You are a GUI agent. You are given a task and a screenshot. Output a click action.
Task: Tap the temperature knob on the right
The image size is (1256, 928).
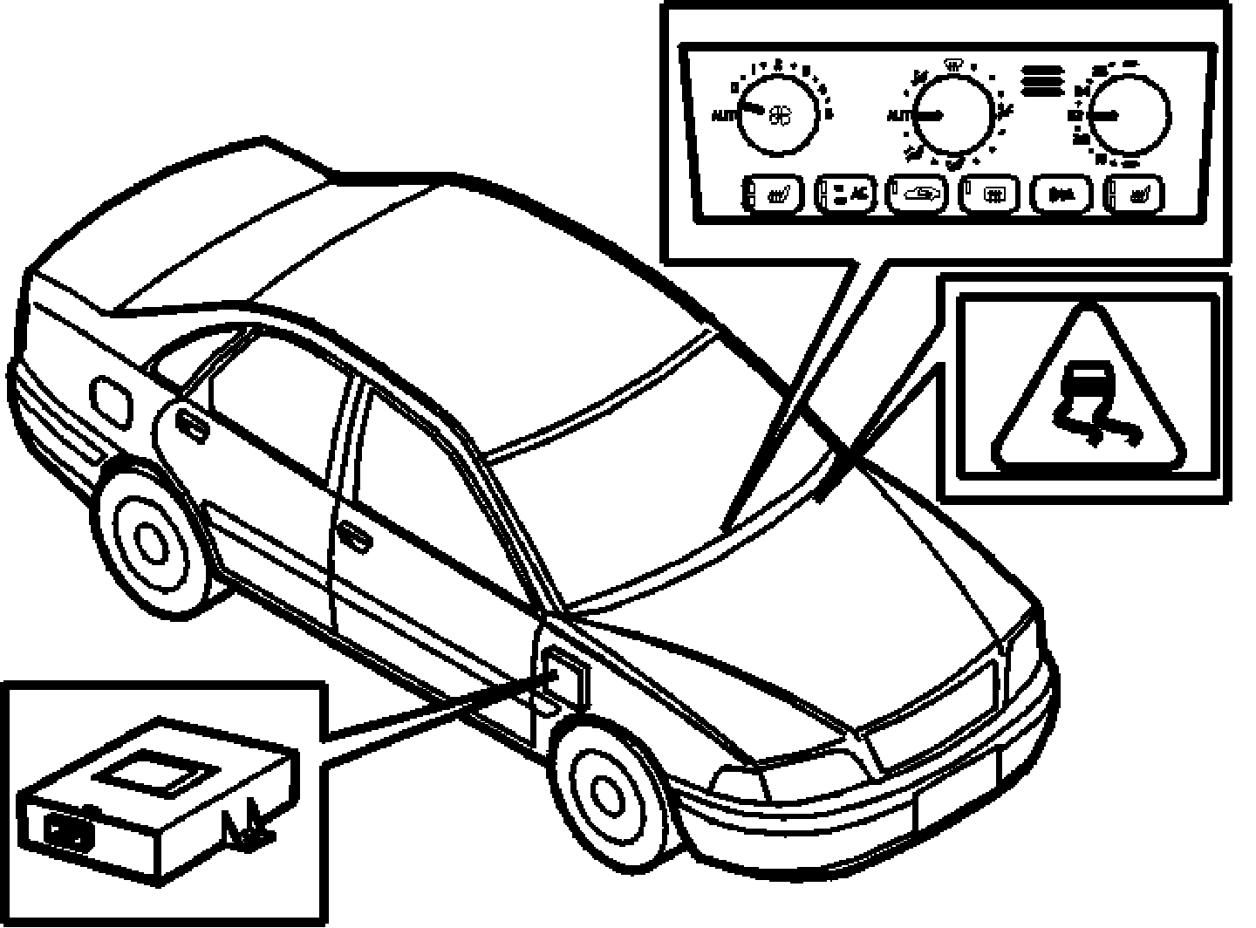(x=1129, y=115)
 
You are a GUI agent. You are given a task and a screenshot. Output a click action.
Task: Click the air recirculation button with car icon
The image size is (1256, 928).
(x=918, y=194)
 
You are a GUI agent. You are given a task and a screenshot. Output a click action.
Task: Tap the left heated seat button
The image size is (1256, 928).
(x=773, y=194)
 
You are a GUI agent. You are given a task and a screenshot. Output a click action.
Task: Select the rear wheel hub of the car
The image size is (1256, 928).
(x=153, y=542)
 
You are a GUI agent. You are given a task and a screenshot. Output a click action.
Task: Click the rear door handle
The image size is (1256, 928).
(x=187, y=420)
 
